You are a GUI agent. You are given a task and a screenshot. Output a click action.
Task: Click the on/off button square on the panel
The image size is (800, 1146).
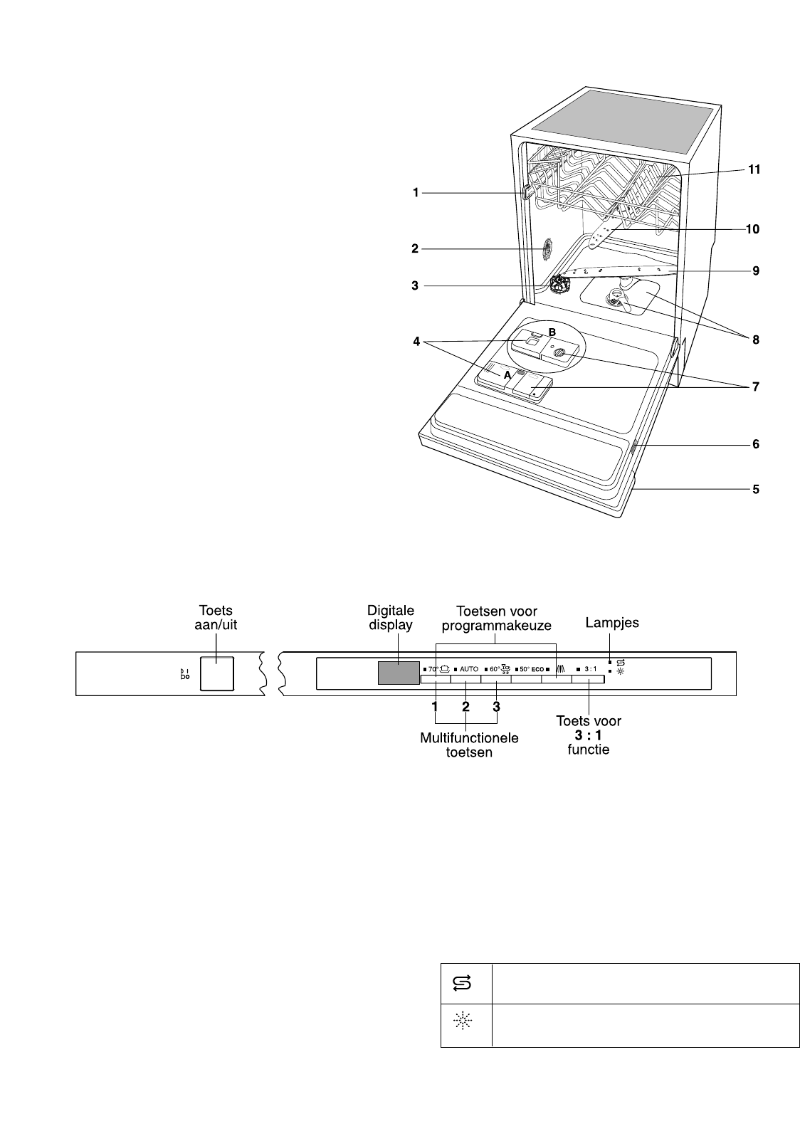(217, 673)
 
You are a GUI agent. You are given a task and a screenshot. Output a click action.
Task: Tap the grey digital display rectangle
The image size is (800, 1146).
(399, 673)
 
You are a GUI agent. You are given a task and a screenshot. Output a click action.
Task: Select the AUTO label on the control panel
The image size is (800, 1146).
(469, 668)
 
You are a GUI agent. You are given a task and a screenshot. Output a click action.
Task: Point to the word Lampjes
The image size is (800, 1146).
(612, 623)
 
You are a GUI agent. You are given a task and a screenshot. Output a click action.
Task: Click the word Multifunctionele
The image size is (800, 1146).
(469, 737)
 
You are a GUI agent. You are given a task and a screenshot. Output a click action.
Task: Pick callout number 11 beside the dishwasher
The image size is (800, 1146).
(754, 169)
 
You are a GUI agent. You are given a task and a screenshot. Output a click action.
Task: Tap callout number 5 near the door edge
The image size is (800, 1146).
(755, 490)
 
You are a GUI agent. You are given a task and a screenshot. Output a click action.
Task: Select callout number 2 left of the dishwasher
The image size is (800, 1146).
(415, 248)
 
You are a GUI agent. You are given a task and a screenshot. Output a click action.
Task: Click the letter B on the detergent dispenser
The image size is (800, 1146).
(552, 332)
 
